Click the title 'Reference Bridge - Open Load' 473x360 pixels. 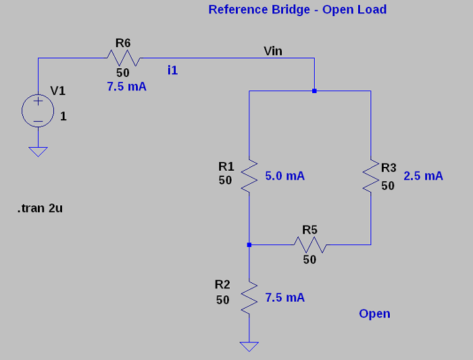point(297,9)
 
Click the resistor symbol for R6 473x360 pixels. point(123,59)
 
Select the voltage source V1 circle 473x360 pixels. point(39,110)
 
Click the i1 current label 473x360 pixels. point(173,70)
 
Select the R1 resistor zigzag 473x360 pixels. point(249,176)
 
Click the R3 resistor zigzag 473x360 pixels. point(371,176)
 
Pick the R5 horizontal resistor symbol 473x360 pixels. point(309,245)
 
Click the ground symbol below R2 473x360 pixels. point(249,346)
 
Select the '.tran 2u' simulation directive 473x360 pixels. point(40,209)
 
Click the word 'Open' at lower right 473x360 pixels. point(374,314)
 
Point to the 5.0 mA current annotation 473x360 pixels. point(285,176)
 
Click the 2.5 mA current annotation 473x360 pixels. point(423,176)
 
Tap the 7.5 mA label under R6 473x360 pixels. point(126,87)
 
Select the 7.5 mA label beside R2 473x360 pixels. point(284,298)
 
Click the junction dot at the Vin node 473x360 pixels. point(314,90)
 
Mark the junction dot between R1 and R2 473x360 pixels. point(249,245)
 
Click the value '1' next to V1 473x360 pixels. point(64,116)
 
